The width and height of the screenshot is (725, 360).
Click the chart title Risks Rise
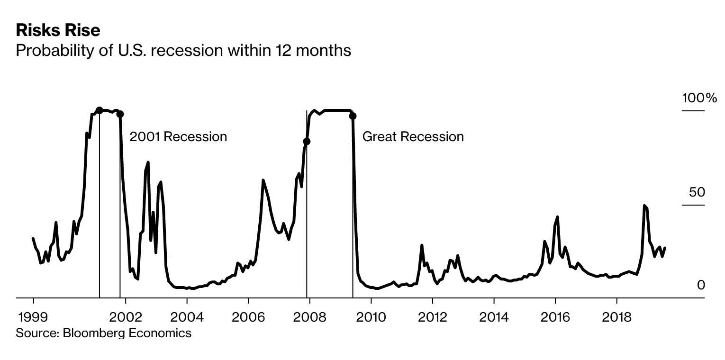[58, 30]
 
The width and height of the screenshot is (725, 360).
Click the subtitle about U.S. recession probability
[183, 50]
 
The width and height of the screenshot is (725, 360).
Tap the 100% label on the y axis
[699, 98]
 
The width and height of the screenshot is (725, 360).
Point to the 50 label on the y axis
[697, 192]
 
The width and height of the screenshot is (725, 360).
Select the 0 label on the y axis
[701, 285]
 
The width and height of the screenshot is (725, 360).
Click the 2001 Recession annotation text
[178, 137]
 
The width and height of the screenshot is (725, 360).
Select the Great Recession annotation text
[413, 137]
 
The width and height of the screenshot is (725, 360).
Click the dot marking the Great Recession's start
[307, 141]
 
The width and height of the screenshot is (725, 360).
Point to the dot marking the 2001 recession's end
[120, 114]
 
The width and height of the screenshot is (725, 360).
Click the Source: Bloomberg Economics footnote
[103, 333]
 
